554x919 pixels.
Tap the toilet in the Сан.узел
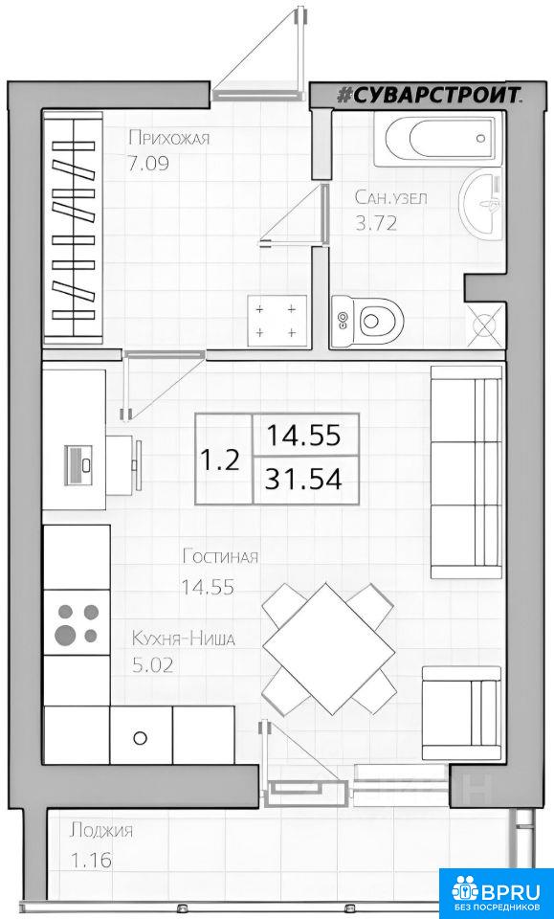pyautogui.click(x=367, y=321)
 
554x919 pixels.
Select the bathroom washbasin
pyautogui.click(x=481, y=204)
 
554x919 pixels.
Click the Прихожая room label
pyautogui.click(x=168, y=139)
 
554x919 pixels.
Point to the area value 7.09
pyautogui.click(x=148, y=163)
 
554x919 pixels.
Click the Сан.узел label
pyautogui.click(x=390, y=198)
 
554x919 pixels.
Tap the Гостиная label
pyautogui.click(x=220, y=555)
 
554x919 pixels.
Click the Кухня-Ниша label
pyautogui.click(x=183, y=639)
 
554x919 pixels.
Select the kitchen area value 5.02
pyautogui.click(x=152, y=665)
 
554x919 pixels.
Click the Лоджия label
pyautogui.click(x=101, y=831)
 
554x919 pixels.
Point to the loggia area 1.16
pyautogui.click(x=91, y=861)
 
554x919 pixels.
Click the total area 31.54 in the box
pyautogui.click(x=303, y=480)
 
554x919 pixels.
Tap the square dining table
pyautogui.click(x=328, y=649)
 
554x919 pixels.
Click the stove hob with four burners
pyautogui.click(x=78, y=622)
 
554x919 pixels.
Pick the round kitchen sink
pyautogui.click(x=140, y=737)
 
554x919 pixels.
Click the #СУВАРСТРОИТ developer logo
pyautogui.click(x=430, y=95)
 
